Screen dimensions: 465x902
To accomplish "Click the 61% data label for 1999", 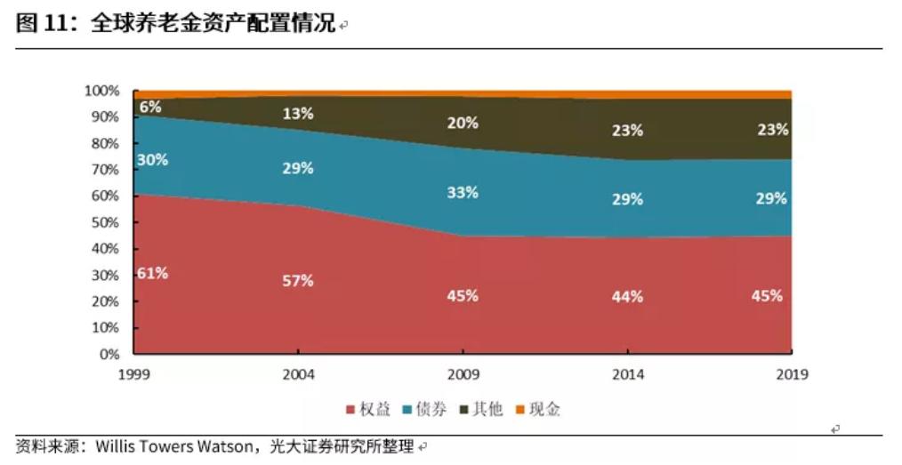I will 152,273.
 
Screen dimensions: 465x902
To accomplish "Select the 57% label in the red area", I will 298,281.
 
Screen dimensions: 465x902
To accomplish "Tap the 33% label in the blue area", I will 463,192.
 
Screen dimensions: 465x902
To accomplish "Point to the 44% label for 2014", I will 627,297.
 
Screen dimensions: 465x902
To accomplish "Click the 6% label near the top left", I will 150,107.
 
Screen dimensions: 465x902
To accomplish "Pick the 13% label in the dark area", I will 298,113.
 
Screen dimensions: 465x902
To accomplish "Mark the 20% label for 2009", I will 463,124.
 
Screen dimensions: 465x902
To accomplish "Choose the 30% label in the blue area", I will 152,160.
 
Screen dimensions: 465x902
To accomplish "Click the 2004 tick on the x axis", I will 298,374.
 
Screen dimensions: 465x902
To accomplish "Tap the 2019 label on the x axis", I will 791,374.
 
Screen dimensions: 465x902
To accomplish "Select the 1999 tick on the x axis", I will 133,374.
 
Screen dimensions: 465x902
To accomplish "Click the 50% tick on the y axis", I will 105,222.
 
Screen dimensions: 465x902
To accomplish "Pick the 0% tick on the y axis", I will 109,354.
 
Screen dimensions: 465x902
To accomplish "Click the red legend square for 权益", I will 350,410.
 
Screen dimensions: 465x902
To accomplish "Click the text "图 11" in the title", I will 50,25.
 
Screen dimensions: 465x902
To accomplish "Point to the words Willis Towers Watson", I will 173,446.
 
